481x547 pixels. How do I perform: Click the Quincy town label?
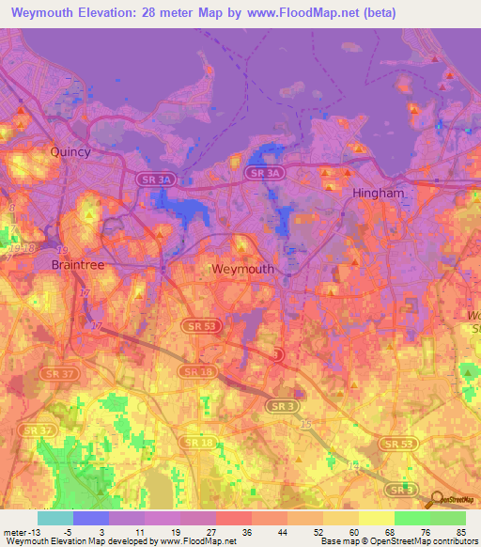[71, 151]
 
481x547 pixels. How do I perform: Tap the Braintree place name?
[75, 265]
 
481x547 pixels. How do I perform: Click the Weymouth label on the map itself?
[242, 269]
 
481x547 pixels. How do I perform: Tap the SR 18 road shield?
[197, 441]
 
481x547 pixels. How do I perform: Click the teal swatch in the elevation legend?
[55, 518]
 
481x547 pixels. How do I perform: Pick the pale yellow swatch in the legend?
[376, 518]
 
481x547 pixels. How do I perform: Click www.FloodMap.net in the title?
[311, 13]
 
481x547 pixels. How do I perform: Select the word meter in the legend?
[15, 531]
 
